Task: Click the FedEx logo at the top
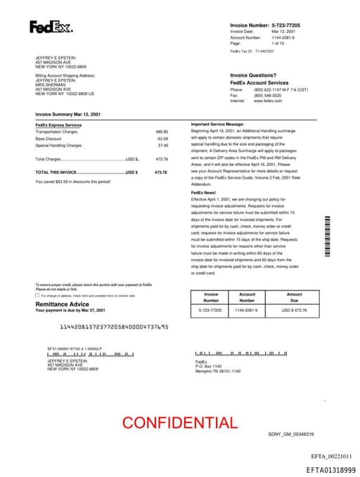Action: point(51,27)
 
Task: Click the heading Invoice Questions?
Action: point(253,75)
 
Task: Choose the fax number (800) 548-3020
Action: point(268,95)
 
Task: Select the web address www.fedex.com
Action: point(268,101)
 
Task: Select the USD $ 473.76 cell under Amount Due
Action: point(295,310)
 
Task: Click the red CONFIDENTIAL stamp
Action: point(180,422)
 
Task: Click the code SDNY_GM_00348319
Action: point(290,434)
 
